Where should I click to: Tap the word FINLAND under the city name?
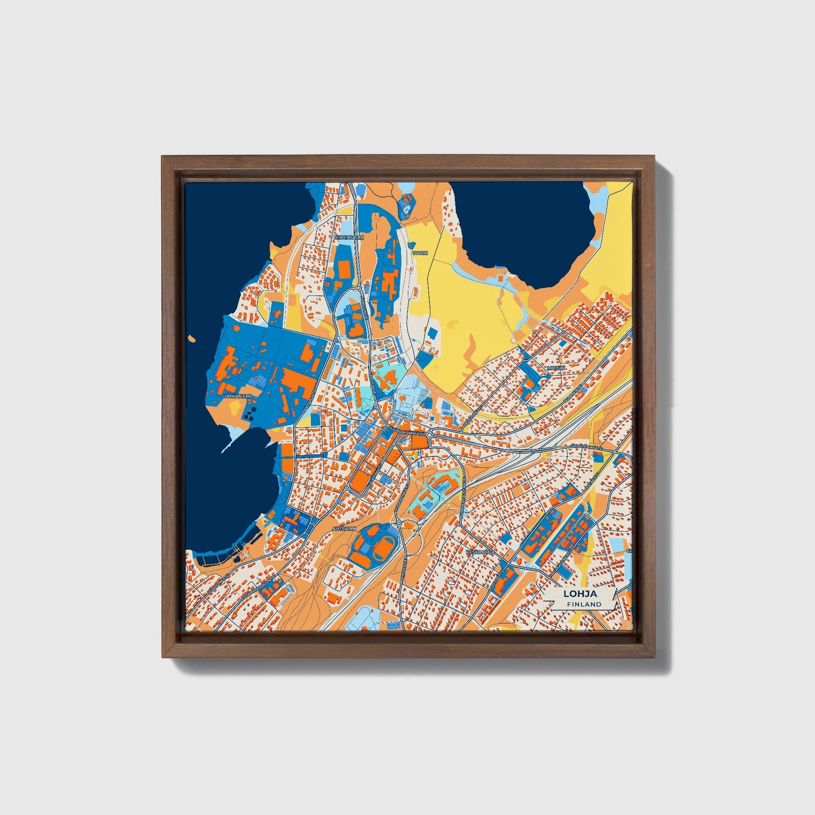(x=584, y=604)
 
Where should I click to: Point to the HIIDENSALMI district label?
(x=349, y=237)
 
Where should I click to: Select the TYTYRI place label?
(x=420, y=253)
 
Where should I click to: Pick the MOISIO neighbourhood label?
(x=556, y=368)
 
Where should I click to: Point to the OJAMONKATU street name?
(x=218, y=584)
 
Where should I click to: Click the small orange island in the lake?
(x=193, y=339)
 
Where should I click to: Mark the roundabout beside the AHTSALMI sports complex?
(x=399, y=523)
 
